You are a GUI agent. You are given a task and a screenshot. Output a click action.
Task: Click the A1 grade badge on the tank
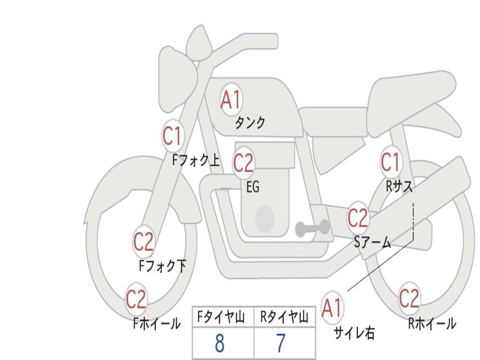(x=231, y=99)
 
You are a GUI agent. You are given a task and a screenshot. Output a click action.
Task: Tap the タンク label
(x=250, y=123)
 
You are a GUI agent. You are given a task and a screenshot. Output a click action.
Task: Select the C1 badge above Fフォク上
(x=172, y=136)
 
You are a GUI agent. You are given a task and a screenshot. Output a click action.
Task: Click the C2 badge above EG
(x=243, y=163)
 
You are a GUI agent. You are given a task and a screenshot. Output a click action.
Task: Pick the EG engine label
(x=253, y=187)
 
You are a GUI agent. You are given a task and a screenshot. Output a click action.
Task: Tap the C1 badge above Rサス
(x=390, y=163)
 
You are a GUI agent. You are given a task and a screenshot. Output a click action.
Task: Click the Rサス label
(x=399, y=187)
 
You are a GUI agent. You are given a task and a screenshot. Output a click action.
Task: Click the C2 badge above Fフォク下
(x=143, y=242)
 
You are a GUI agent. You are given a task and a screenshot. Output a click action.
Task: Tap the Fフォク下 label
(x=163, y=266)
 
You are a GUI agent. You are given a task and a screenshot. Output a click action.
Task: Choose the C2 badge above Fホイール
(x=136, y=299)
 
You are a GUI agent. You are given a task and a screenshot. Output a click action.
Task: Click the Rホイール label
(x=432, y=323)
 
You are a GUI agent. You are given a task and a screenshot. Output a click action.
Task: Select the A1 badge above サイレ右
(x=332, y=308)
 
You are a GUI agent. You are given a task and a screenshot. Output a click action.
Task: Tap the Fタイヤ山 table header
(x=223, y=318)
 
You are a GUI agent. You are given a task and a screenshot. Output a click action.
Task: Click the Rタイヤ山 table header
(x=285, y=318)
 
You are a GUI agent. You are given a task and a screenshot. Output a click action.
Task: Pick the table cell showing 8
(x=220, y=344)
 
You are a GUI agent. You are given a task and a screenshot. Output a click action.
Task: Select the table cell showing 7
(x=281, y=344)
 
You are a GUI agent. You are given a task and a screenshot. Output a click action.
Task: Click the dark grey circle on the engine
(x=265, y=218)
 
